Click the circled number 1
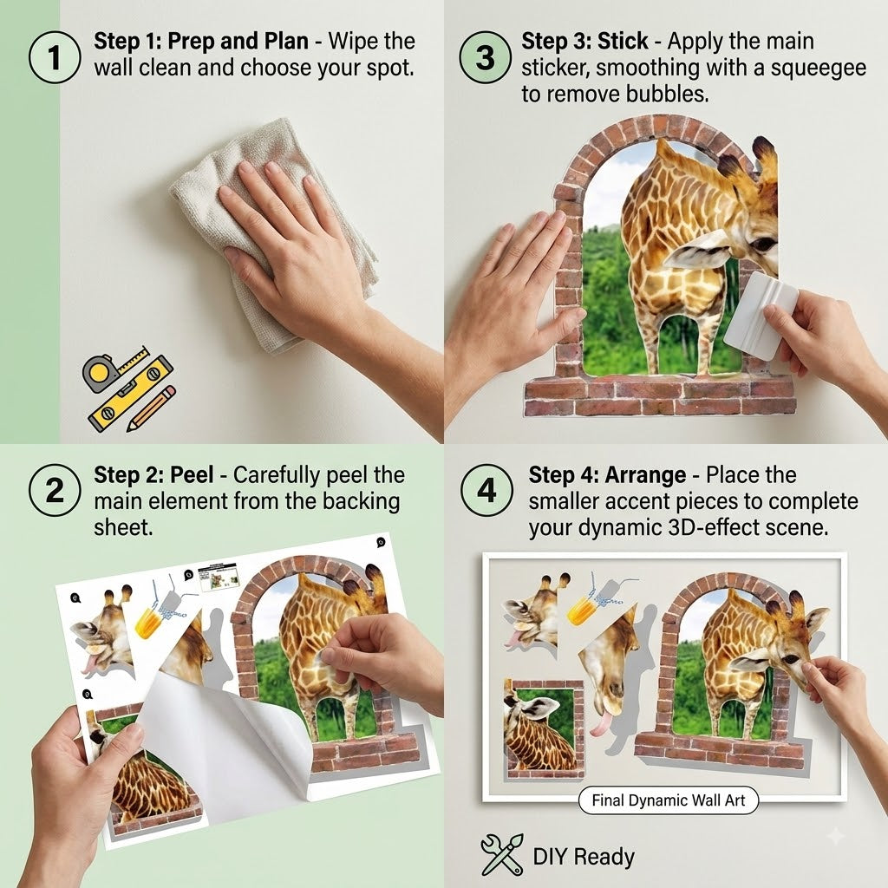coord(54,57)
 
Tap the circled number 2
coord(54,490)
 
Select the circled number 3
coord(485,57)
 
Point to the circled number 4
coord(486,490)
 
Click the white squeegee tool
coord(760,315)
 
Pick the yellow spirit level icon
coord(132,392)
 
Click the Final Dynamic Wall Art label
coord(669,800)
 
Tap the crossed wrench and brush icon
coord(502,854)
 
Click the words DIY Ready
coord(584,856)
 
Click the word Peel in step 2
coord(192,475)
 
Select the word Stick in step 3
coord(623,42)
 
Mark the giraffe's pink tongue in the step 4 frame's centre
coord(601,723)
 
